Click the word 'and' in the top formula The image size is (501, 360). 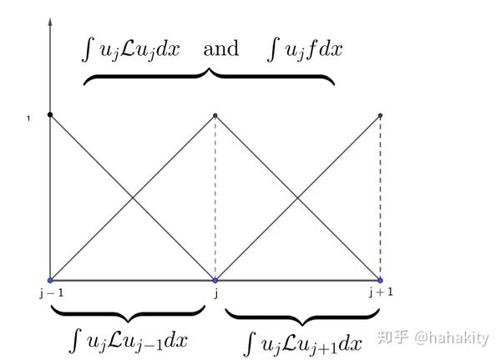[x=220, y=48]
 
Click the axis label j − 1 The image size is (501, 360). [x=50, y=292]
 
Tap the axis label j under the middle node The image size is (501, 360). [x=215, y=293]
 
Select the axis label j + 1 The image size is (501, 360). [x=379, y=292]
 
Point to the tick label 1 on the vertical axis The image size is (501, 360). [x=28, y=119]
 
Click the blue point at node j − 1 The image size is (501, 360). [x=50, y=281]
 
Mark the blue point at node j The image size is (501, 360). [x=215, y=281]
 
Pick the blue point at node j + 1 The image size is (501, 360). [x=380, y=281]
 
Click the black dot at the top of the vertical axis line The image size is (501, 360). [x=50, y=114]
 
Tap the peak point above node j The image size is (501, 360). [x=215, y=115]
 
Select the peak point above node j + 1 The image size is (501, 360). [x=380, y=115]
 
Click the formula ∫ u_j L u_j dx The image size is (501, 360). [x=134, y=48]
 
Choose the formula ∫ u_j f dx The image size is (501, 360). [x=304, y=48]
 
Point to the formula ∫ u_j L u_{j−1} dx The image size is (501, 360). [x=129, y=341]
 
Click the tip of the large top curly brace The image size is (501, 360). [x=209, y=68]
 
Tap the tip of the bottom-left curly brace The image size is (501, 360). [x=128, y=322]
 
